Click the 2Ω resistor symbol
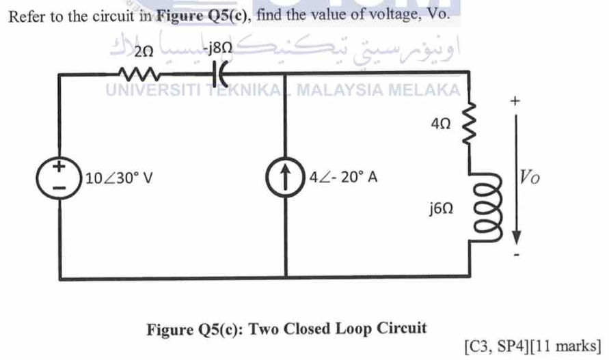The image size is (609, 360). tap(137, 71)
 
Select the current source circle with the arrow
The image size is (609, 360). tap(286, 178)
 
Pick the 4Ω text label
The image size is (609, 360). tap(440, 125)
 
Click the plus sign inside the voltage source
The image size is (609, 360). tap(60, 167)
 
